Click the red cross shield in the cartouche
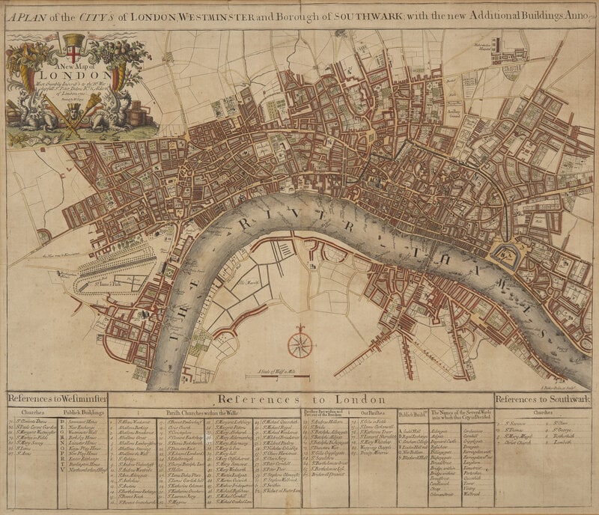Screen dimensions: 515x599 73,46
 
